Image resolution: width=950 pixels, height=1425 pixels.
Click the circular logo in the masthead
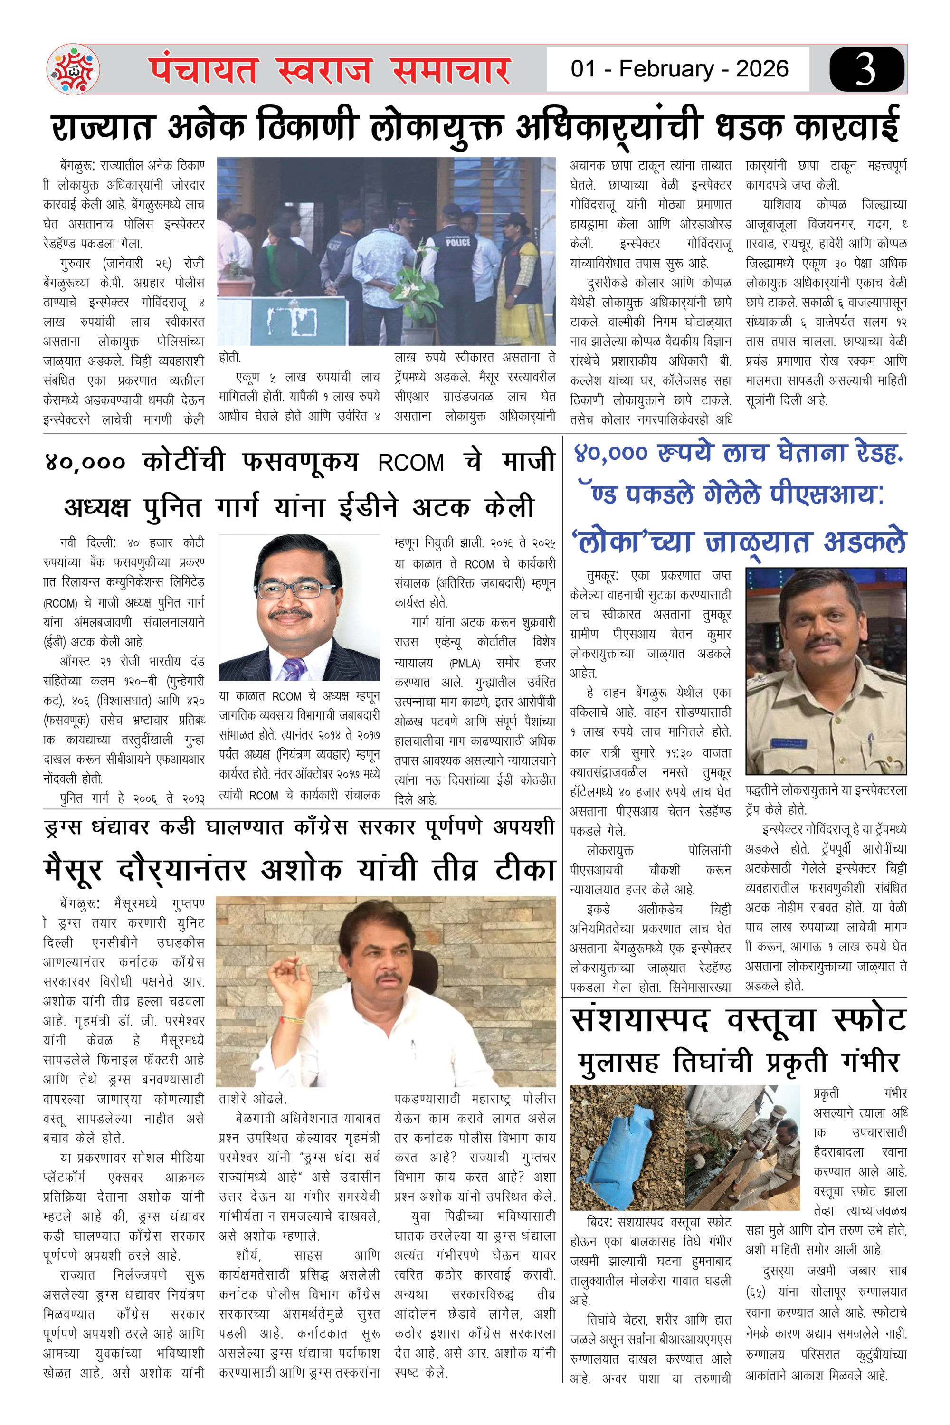tap(73, 69)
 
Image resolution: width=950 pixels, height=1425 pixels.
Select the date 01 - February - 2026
tap(679, 69)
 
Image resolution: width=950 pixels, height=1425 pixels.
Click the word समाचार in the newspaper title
tap(451, 70)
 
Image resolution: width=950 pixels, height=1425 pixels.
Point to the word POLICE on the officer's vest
tap(458, 242)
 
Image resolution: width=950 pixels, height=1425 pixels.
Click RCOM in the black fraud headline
tap(411, 463)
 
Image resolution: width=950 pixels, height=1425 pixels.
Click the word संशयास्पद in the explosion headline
tap(640, 1020)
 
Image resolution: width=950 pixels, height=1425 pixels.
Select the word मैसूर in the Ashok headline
tap(73, 870)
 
